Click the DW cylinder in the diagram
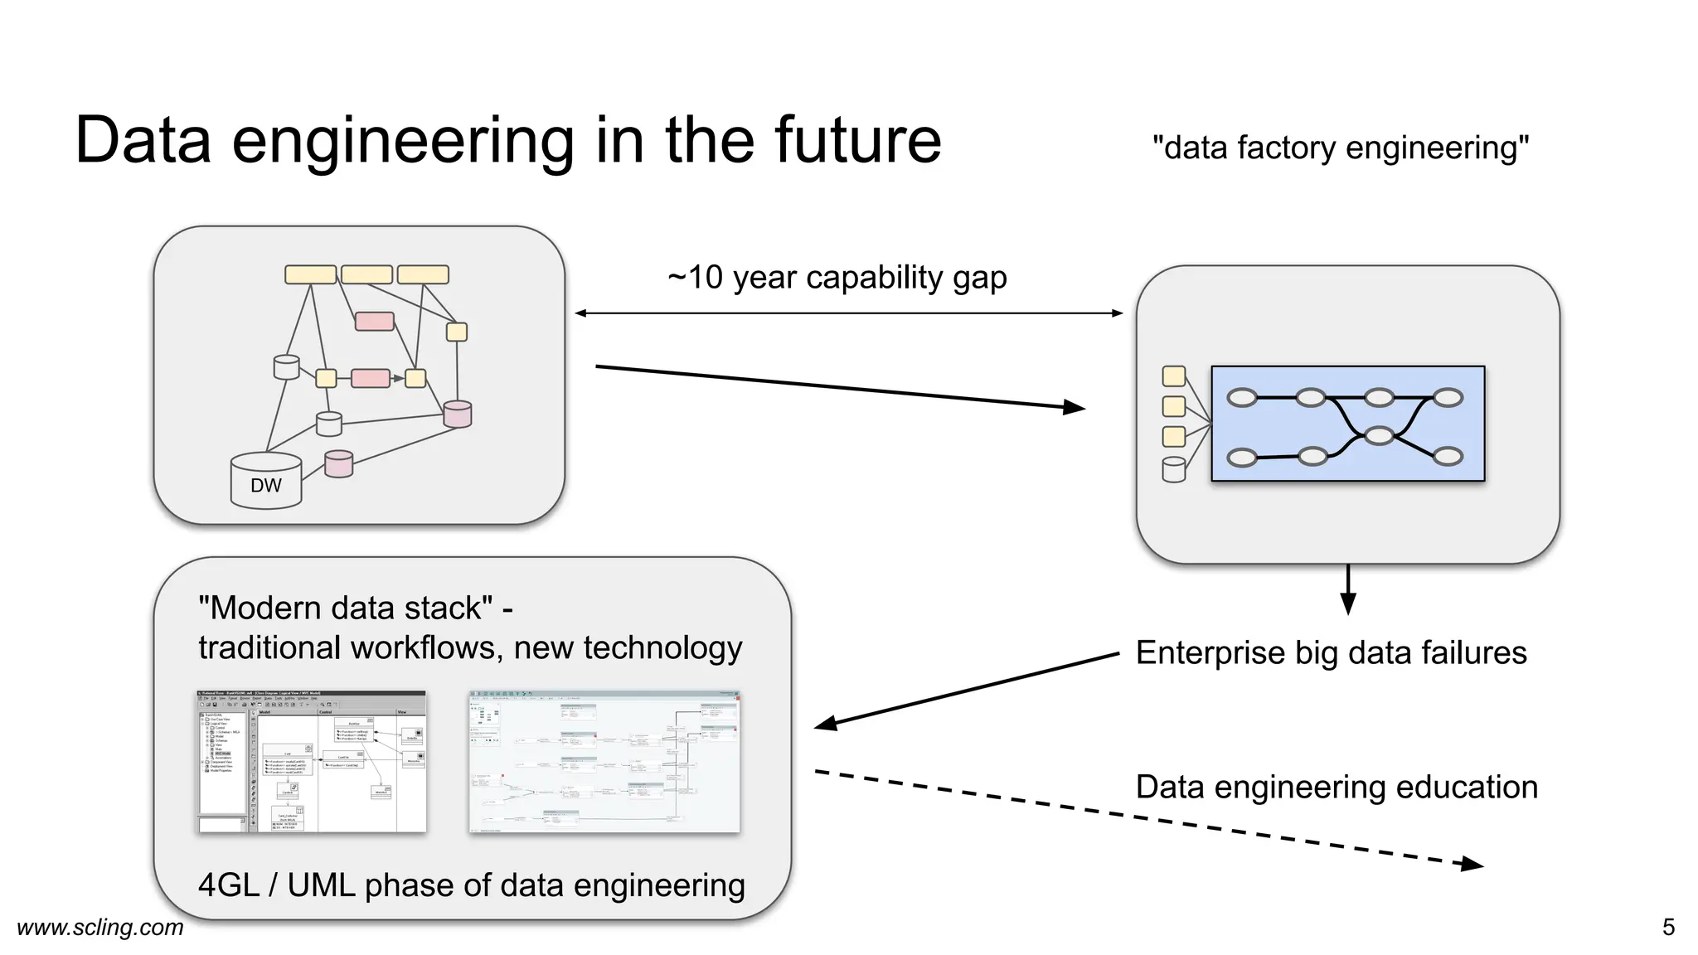coord(265,482)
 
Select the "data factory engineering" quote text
coord(1340,148)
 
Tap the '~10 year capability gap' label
coord(837,278)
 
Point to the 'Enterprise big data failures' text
coord(1330,653)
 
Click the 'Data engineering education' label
coord(1336,788)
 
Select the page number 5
coord(1668,927)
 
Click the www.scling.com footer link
coord(100,927)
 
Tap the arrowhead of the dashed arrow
coord(1472,865)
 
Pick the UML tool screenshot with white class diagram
coord(312,761)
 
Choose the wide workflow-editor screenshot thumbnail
coord(604,761)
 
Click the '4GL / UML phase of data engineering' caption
coord(471,885)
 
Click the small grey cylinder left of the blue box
coord(1173,469)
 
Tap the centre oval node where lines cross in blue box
coord(1379,435)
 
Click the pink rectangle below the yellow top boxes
coord(374,322)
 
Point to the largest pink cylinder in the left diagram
coord(457,414)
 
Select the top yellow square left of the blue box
coord(1173,376)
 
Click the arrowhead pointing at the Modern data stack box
coord(826,725)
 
